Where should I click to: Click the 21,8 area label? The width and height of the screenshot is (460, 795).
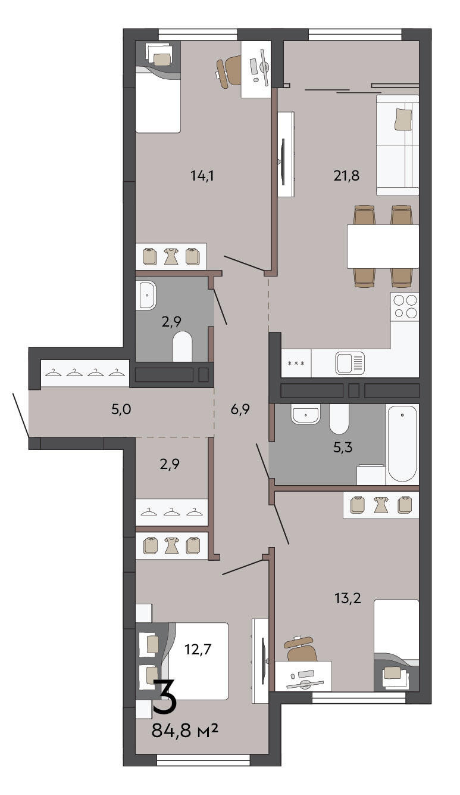coord(346,175)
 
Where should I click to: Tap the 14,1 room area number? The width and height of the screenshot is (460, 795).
coord(202,175)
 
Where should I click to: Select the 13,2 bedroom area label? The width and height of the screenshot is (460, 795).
coord(348,598)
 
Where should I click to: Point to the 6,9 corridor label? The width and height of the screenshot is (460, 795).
coord(240,409)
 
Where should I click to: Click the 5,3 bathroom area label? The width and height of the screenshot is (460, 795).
coord(343,447)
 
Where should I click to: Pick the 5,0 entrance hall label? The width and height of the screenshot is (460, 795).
coord(121,409)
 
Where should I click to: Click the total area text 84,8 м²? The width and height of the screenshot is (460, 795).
coord(184,731)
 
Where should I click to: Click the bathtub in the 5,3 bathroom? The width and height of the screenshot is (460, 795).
coord(402,443)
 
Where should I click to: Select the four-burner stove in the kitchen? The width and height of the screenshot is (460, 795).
coord(405,306)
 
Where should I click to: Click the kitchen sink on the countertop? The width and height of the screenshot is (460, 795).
coord(350,363)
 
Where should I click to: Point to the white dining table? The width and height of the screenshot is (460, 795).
coord(383,246)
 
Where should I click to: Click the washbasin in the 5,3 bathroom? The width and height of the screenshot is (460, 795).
coord(305,414)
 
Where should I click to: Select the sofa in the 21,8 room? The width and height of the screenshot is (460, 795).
coord(398,145)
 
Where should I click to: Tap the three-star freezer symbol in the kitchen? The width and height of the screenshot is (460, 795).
coord(296,363)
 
